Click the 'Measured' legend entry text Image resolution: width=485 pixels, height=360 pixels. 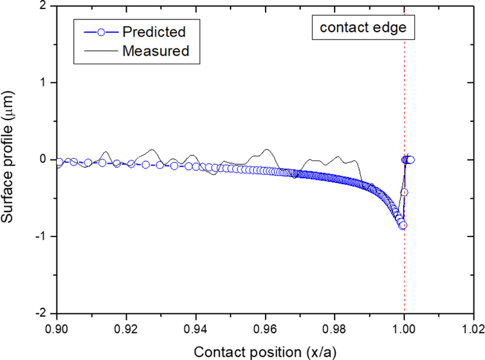tap(156, 51)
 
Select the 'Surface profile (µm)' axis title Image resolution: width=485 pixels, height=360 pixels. tap(12, 159)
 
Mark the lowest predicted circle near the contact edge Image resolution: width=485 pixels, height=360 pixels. tap(403, 225)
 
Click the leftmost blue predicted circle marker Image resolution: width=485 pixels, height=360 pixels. tap(59, 162)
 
